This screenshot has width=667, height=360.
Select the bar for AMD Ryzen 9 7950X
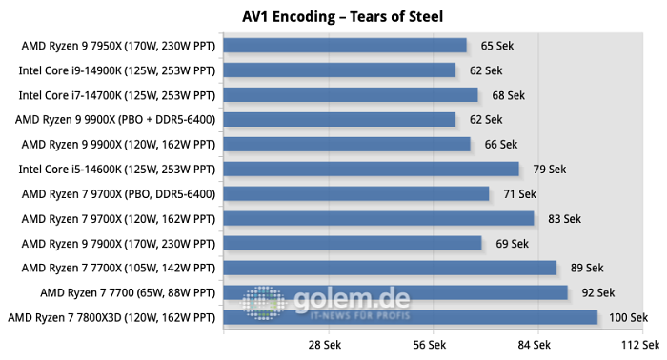344,46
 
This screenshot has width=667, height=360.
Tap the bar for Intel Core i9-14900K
338,70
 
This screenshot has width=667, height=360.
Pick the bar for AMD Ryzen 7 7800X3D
410,317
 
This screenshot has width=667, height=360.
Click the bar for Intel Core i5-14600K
371,170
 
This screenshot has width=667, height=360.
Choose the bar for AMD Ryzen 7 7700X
389,268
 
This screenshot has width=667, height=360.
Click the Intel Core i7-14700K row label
117,95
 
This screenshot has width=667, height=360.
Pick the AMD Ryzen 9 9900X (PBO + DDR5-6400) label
115,120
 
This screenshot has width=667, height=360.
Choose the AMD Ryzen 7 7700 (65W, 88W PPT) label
128,292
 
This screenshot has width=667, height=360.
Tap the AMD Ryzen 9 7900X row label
119,243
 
